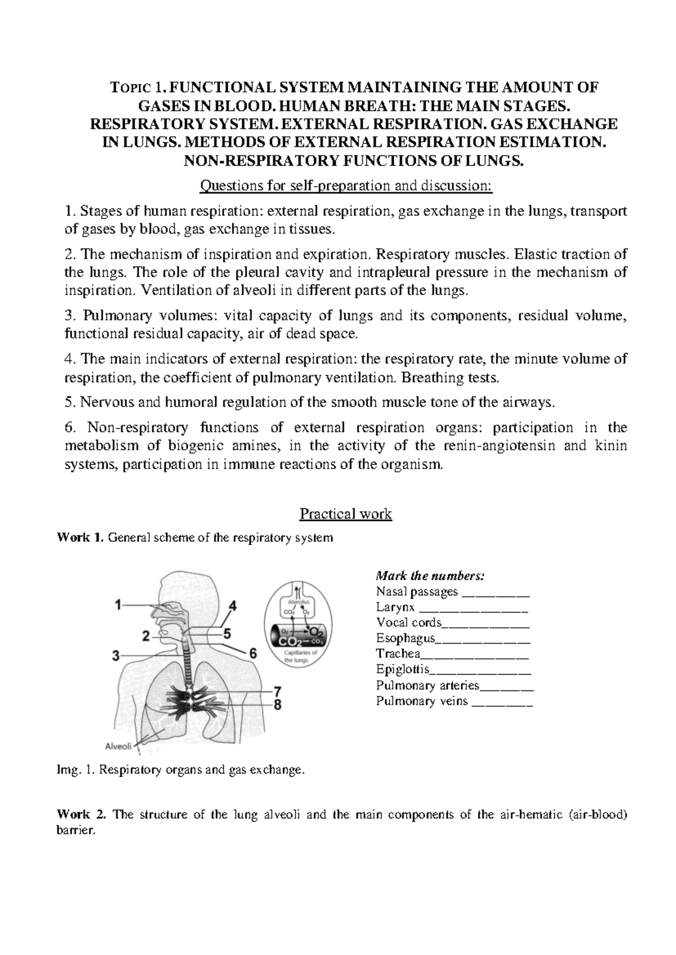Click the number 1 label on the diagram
pos(118,605)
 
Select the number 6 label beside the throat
pos(253,654)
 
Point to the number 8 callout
pos(277,704)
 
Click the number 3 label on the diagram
pos(116,655)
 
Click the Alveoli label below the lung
pos(118,747)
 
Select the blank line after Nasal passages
pos(495,592)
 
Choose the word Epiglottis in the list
pos(402,670)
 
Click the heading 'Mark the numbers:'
pos(429,576)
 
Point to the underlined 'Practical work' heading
pos(345,514)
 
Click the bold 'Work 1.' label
pos(81,538)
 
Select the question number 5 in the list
pos(70,402)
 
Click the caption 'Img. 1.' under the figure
pos(76,770)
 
